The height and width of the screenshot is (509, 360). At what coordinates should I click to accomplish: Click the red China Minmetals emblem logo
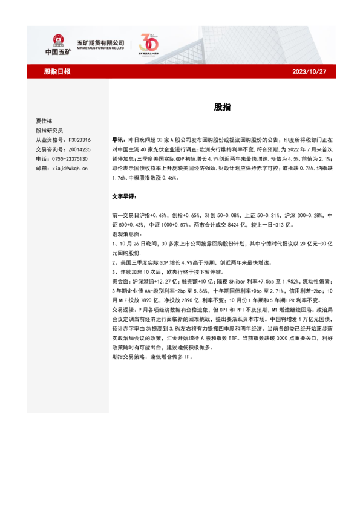pyautogui.click(x=59, y=41)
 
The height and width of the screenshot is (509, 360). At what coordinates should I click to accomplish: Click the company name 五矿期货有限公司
pyautogui.click(x=100, y=42)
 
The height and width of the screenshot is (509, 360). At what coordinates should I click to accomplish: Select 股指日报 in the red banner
pyautogui.click(x=57, y=71)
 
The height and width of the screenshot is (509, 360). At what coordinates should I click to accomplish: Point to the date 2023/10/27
pyautogui.click(x=309, y=71)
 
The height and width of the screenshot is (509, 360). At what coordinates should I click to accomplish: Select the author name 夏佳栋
pyautogui.click(x=44, y=121)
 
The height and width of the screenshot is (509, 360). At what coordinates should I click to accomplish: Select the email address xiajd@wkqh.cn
pyautogui.click(x=71, y=169)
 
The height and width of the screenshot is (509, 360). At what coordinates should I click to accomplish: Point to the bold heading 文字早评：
pyautogui.click(x=125, y=197)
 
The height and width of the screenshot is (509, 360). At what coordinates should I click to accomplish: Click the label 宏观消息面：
pyautogui.click(x=126, y=233)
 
